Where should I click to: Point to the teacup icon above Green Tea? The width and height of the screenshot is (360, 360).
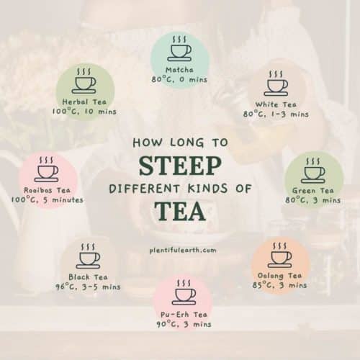pyautogui.click(x=313, y=171)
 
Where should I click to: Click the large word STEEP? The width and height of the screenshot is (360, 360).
pyautogui.click(x=179, y=166)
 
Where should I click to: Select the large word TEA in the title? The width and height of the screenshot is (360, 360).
pyautogui.click(x=180, y=212)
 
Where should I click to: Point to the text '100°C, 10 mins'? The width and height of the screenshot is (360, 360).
pyautogui.click(x=84, y=113)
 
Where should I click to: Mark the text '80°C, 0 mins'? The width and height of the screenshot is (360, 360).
pyautogui.click(x=179, y=79)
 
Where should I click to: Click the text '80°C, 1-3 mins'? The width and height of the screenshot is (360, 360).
pyautogui.click(x=277, y=114)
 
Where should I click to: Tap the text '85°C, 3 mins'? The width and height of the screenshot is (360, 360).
pyautogui.click(x=279, y=285)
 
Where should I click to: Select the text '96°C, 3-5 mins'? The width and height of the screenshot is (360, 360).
pyautogui.click(x=89, y=287)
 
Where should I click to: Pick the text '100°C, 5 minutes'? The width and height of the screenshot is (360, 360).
pyautogui.click(x=48, y=199)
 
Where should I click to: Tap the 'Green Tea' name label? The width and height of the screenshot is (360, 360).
pyautogui.click(x=313, y=191)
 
